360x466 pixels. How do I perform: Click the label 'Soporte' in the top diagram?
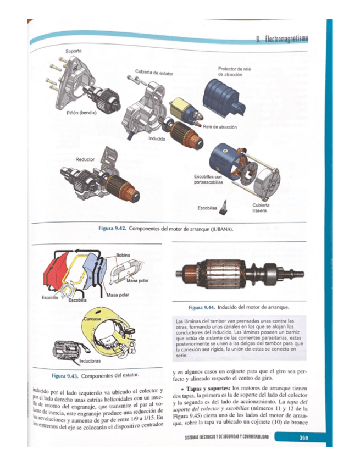(73, 51)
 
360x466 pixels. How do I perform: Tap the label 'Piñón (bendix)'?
(81, 113)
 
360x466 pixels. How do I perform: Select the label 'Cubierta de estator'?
(154, 73)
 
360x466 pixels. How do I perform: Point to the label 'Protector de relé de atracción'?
(234, 71)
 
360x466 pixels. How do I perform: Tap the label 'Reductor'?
(85, 159)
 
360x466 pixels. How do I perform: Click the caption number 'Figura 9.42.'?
(112, 228)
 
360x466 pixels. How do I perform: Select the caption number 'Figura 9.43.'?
(65, 376)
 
